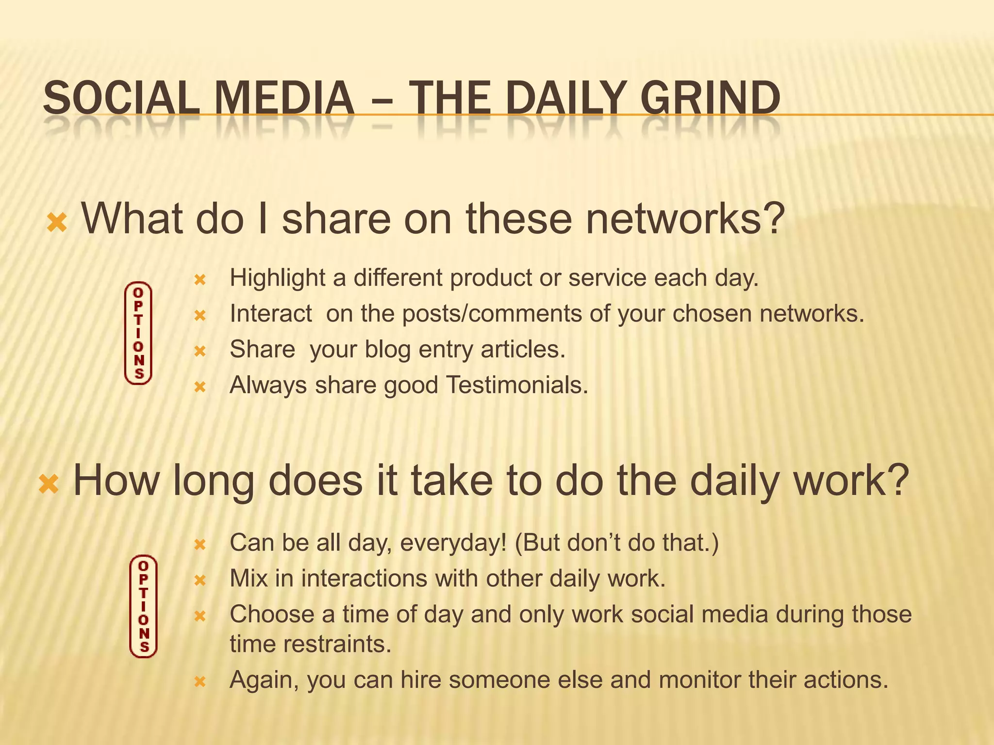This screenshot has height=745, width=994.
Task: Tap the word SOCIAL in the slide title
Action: coord(121,98)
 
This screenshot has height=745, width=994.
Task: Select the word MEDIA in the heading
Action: coord(284,98)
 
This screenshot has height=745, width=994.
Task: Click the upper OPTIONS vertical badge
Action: coord(138,333)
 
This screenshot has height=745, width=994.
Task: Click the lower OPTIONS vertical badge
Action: coord(144,606)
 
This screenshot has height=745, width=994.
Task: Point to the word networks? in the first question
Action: coord(685,219)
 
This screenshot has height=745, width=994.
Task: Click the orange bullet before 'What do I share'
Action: coord(57,223)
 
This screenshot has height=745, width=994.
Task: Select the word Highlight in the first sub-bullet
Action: coord(278,278)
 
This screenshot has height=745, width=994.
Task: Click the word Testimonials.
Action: coord(516,385)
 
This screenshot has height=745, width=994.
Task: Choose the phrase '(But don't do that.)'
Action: coord(616,543)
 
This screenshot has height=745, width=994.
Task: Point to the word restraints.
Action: coord(337,645)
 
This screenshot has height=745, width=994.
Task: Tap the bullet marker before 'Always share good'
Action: coord(200,387)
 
